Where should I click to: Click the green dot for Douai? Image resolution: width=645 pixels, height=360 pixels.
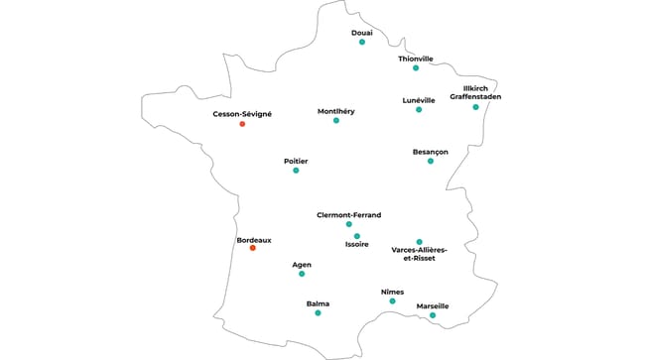pos(362,42)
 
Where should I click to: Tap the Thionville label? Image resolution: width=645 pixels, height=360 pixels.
pos(416,59)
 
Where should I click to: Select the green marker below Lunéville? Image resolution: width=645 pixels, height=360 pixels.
pos(419,109)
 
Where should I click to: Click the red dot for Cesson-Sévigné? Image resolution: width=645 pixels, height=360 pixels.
pos(242,124)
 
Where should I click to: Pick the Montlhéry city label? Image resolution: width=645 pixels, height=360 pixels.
pos(335,111)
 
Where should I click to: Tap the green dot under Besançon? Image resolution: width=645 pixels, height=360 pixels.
pos(431,161)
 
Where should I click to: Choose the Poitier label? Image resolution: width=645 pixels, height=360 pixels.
pos(296,161)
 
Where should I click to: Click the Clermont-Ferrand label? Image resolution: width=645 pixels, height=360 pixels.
pos(348,215)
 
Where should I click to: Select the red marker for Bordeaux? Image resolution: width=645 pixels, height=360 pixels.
pos(252,248)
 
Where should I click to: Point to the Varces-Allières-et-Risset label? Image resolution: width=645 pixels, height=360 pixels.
pos(420,254)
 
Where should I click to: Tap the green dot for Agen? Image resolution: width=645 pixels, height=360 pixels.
pos(302,273)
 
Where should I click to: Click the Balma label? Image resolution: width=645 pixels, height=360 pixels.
pos(318,303)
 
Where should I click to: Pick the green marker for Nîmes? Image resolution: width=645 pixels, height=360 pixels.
pos(392,300)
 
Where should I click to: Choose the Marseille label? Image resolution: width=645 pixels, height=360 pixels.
pos(433,306)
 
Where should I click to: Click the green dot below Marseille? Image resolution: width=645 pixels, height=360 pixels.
pos(433,316)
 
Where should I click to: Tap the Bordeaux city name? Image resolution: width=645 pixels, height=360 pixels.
pos(254,239)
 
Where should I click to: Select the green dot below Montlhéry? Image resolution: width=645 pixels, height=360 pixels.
pos(336,120)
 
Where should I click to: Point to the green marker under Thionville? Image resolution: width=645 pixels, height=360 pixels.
pos(416,68)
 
